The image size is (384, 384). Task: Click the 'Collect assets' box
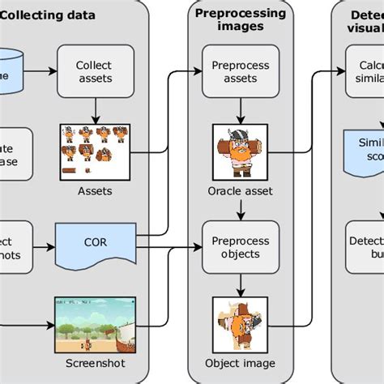(x=93, y=71)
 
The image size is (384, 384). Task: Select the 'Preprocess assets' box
(x=234, y=71)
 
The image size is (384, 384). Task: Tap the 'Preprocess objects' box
(x=234, y=247)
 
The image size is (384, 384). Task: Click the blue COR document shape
(x=95, y=242)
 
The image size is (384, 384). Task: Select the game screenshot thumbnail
(x=95, y=322)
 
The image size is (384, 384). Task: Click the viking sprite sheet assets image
(x=94, y=151)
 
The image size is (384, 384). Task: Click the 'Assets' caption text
(x=95, y=191)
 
